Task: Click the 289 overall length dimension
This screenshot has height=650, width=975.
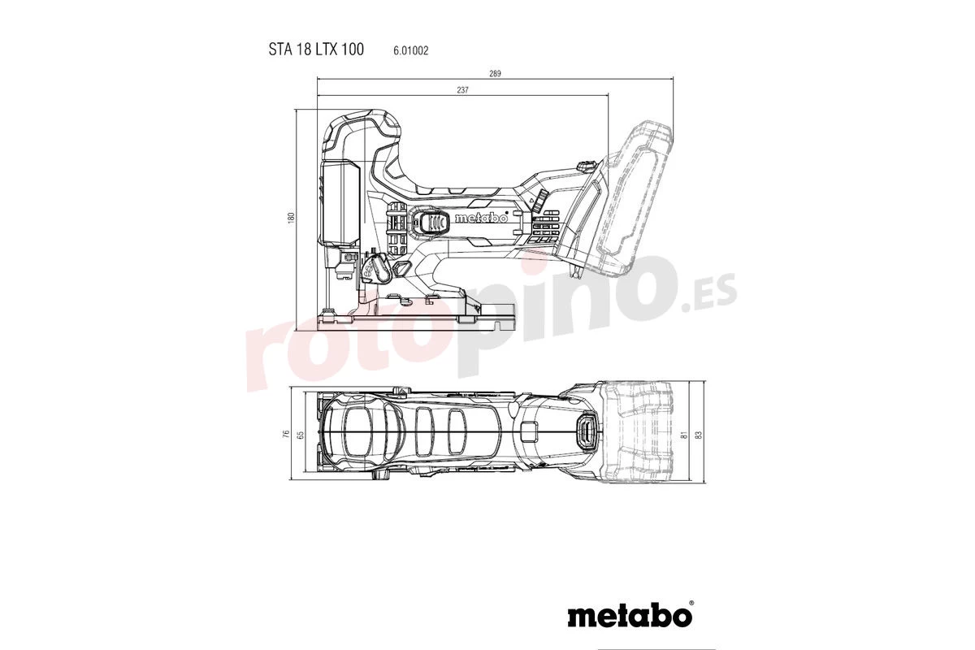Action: click(495, 74)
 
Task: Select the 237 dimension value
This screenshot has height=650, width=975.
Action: click(462, 90)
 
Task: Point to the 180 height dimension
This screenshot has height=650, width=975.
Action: click(291, 218)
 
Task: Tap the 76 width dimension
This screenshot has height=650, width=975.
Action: click(285, 434)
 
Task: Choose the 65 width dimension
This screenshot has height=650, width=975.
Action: click(300, 435)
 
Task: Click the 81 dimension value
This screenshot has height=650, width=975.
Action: click(684, 435)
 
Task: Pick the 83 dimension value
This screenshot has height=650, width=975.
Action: click(698, 435)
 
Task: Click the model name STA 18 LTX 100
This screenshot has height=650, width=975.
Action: click(316, 50)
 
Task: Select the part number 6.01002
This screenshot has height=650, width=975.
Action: click(411, 50)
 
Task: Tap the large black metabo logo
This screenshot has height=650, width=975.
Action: click(630, 616)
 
